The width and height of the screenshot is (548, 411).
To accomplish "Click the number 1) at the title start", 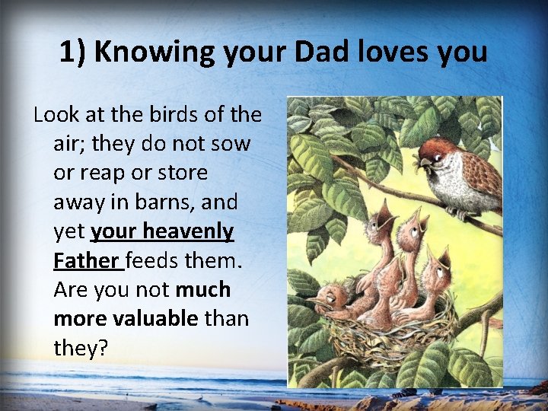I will click(x=73, y=52).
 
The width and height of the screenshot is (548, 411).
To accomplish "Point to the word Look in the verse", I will click(x=56, y=115).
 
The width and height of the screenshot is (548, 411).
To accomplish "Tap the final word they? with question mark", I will click(x=81, y=347).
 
